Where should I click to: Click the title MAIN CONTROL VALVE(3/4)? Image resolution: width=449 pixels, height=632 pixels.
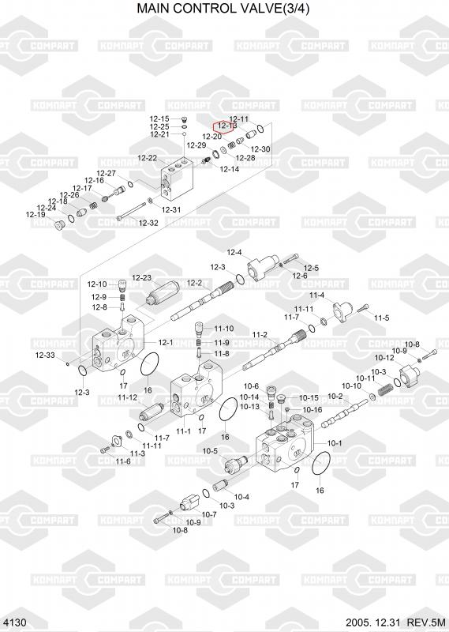coord(223,8)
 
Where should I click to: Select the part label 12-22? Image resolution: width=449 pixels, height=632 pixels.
coord(147,159)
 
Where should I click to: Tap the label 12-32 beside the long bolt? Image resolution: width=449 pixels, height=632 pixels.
coord(148,223)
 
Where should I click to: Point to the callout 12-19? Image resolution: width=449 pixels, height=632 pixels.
coord(36,215)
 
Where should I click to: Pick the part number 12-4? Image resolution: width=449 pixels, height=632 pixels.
coord(234,253)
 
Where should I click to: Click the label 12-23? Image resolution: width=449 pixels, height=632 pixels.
coord(142,278)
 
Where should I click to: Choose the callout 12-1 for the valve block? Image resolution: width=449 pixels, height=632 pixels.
coord(166,343)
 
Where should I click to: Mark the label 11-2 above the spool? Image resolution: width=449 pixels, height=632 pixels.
coord(260,335)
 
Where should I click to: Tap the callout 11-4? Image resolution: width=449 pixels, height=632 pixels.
coord(316,295)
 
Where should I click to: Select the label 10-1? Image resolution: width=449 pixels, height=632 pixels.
coord(335,443)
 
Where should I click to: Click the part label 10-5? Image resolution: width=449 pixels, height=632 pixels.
coord(210,451)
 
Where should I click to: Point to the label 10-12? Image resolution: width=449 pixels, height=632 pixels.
coord(384,358)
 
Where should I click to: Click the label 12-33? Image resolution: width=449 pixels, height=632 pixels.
coord(45,355)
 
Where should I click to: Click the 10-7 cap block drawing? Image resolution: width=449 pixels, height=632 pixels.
coord(190,502)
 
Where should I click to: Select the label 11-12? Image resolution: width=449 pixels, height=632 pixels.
coord(128,398)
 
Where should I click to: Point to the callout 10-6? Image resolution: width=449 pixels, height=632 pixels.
coord(251,386)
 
